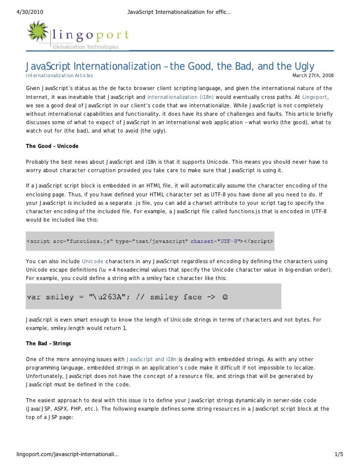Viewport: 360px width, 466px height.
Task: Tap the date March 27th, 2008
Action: pos(313,76)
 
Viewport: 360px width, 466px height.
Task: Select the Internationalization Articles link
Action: pos(59,76)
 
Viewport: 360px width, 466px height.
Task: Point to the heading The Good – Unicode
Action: pos(52,146)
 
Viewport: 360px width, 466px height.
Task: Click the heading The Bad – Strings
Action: pos(48,343)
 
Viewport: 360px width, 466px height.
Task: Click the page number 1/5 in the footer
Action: pos(339,454)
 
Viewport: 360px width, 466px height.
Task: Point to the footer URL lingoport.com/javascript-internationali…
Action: pos(67,454)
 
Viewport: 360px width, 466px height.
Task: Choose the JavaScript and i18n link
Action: pos(152,359)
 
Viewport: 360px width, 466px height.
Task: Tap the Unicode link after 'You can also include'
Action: pos(92,261)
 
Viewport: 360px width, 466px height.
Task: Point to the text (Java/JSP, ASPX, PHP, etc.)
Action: pos(62,409)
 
